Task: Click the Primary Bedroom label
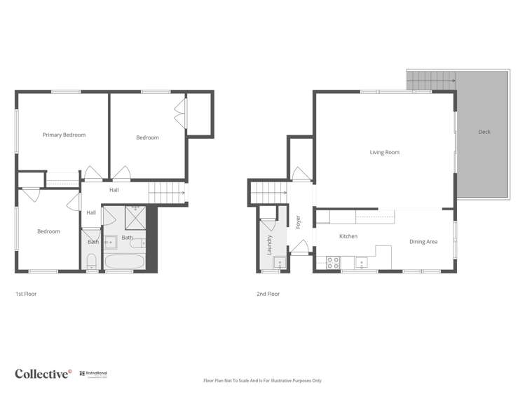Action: click(64, 135)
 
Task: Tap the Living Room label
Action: click(384, 152)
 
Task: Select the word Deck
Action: click(484, 132)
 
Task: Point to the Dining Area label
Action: click(423, 242)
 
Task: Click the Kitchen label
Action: click(348, 236)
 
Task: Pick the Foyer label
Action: click(298, 222)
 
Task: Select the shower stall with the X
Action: click(135, 218)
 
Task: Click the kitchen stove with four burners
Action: click(334, 263)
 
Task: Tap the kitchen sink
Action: click(362, 264)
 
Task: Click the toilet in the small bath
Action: click(91, 263)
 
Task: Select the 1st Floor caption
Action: click(25, 294)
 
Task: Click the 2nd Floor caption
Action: click(268, 294)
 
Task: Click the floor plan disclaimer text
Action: click(262, 381)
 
